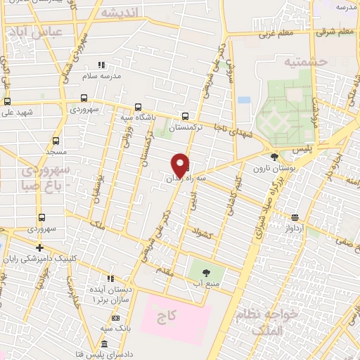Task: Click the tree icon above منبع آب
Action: pyautogui.click(x=206, y=272)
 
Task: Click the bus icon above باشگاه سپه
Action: pyautogui.click(x=138, y=108)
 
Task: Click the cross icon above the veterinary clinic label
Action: pyautogui.click(x=39, y=247)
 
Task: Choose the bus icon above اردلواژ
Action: pyautogui.click(x=295, y=217)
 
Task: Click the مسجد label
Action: pyautogui.click(x=56, y=152)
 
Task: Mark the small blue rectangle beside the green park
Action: pyautogui.click(x=244, y=100)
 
